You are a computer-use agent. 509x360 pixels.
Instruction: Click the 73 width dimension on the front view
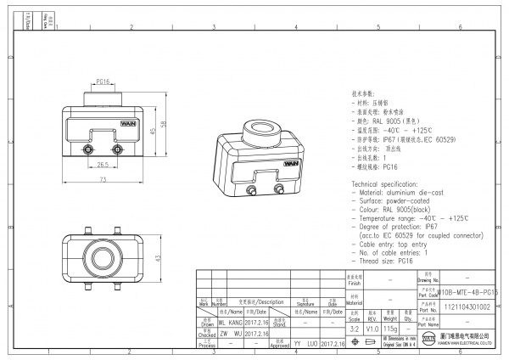[103, 181]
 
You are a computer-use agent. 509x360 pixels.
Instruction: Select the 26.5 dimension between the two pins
[103, 165]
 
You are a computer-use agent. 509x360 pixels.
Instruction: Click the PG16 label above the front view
[102, 82]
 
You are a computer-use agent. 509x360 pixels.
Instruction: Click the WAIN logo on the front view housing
[116, 122]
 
